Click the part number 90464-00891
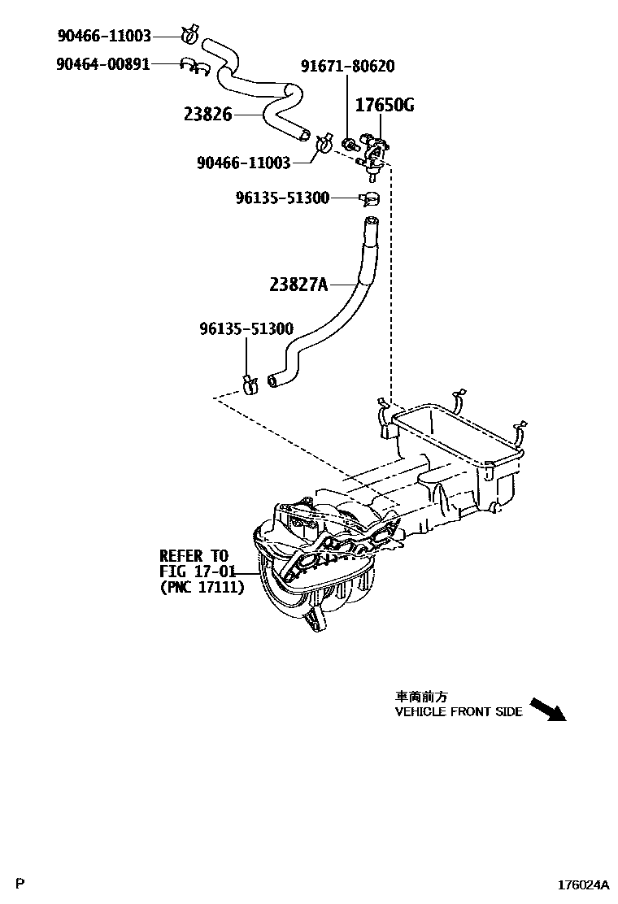coord(103,63)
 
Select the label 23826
coord(208,115)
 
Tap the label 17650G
coord(385,105)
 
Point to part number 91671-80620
coord(348,68)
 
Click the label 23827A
coord(298,284)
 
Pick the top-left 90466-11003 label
coord(104,36)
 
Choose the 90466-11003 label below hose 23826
coord(244,163)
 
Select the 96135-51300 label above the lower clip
coord(246,329)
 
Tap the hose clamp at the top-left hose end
coord(192,35)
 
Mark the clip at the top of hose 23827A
coord(371,198)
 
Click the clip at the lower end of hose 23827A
coord(251,379)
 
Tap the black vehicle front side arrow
coord(546,710)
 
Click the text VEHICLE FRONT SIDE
coord(459,711)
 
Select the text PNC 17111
coord(202,586)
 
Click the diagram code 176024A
coord(582,884)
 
